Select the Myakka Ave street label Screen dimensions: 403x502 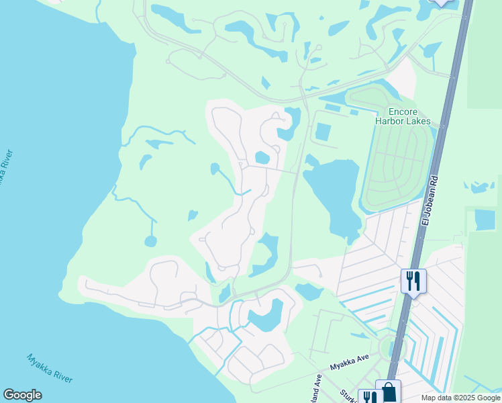(x=350, y=367)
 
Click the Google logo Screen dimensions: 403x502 (x=22, y=395)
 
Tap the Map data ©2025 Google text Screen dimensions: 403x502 (x=460, y=398)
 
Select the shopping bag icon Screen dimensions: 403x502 (x=389, y=392)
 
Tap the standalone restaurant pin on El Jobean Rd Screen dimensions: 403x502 (x=413, y=279)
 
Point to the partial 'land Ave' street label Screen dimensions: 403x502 (x=315, y=390)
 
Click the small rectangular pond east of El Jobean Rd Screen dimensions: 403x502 (x=485, y=219)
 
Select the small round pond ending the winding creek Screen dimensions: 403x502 (x=150, y=240)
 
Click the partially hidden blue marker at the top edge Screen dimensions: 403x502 (x=441, y=2)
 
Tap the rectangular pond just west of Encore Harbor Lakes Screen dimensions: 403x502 (x=323, y=131)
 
